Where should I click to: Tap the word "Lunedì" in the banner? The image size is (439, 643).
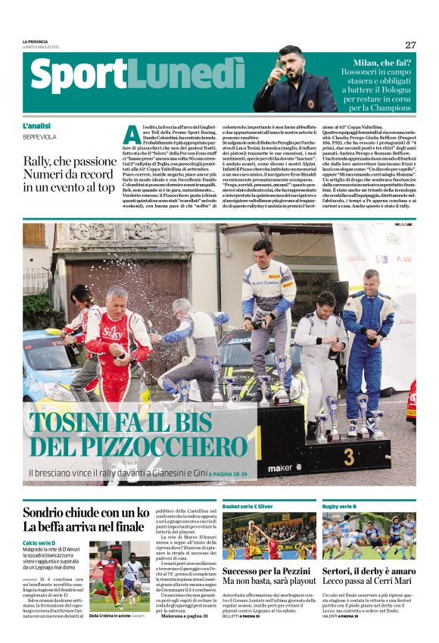pyautogui.click(x=182, y=77)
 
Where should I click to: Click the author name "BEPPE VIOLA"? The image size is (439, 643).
pyautogui.click(x=39, y=137)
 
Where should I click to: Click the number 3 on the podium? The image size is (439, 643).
pyautogui.click(x=348, y=457)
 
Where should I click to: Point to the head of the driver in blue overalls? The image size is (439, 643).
pyautogui.click(x=371, y=277)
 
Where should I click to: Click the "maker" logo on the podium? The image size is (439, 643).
pyautogui.click(x=279, y=467)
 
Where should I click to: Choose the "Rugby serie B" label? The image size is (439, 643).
pyautogui.click(x=338, y=506)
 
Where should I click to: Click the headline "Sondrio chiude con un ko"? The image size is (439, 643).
pyautogui.click(x=86, y=511)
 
